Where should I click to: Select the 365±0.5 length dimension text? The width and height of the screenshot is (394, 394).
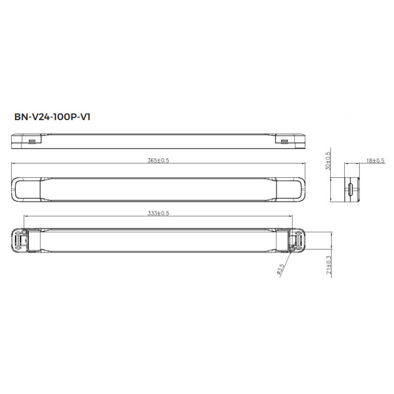[x=158, y=162]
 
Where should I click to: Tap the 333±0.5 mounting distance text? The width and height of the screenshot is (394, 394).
[x=158, y=213]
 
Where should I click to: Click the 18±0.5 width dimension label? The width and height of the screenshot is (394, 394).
[x=358, y=160]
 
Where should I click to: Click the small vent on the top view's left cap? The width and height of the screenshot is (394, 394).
[x=32, y=140]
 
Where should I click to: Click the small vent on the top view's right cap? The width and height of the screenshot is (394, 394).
[x=284, y=140]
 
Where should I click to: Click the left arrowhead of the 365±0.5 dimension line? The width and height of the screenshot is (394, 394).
[x=14, y=165]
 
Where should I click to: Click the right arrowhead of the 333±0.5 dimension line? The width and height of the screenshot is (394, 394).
[x=291, y=217]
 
